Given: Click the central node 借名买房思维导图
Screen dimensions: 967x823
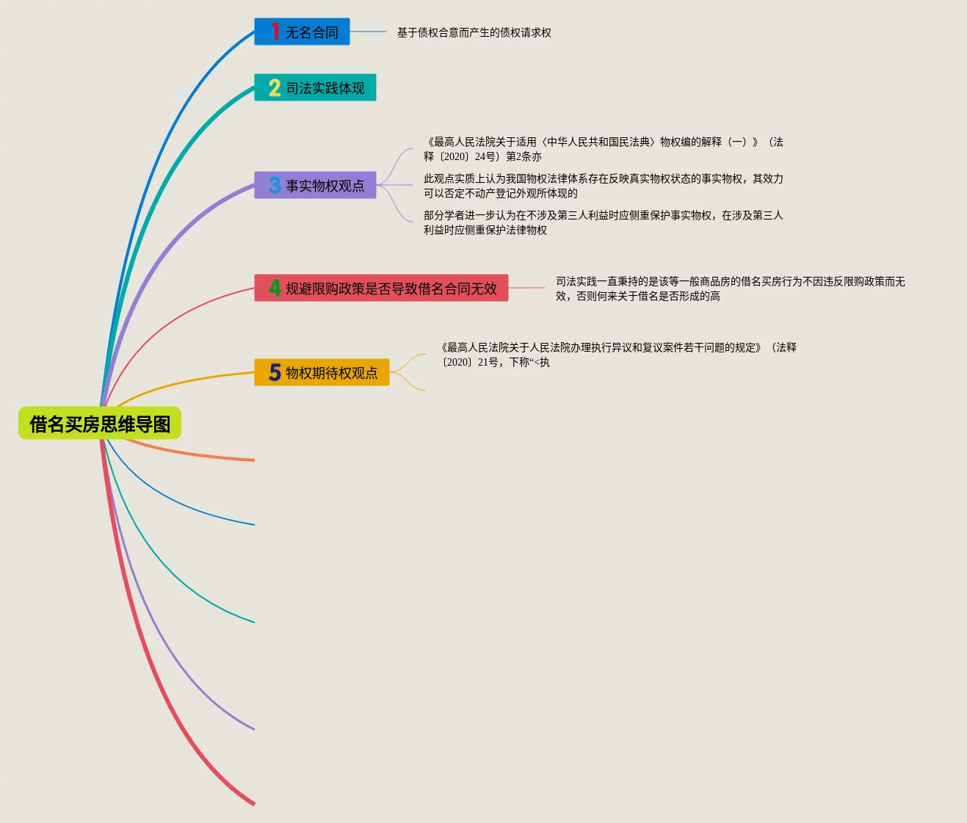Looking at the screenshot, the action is point(100,424).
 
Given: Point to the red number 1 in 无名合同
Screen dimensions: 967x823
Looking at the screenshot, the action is point(275,32).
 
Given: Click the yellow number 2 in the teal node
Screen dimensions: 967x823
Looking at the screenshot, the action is point(275,88).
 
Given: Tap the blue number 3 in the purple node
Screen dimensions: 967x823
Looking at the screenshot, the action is point(275,186).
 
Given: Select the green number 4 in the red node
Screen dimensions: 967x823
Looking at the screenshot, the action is point(275,288).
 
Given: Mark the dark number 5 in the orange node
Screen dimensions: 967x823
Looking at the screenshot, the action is point(275,373).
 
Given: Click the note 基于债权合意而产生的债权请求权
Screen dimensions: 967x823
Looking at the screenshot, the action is point(474,32).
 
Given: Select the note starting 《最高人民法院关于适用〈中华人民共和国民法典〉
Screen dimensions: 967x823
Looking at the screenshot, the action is point(603,149).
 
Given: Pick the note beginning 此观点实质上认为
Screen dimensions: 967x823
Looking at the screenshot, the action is point(603,186).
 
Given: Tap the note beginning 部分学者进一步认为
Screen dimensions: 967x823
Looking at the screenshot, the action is point(603,222).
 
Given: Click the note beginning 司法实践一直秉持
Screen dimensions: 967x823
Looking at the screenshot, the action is point(730,289).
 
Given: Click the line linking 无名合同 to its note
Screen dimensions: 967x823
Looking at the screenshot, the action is point(368,32).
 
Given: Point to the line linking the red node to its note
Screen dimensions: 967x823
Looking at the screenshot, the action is point(527,288).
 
